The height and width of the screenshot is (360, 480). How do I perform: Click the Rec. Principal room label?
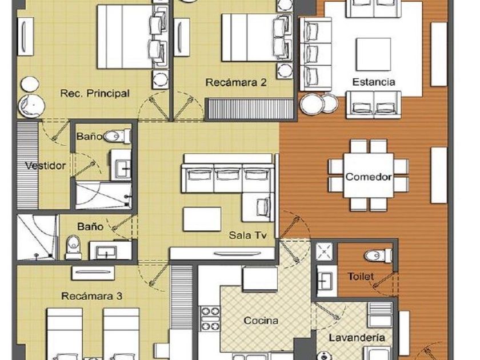95,93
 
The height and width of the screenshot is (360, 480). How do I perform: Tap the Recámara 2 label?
235,82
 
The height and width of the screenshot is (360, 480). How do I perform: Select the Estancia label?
374,82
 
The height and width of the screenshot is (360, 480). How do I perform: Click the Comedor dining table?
368,176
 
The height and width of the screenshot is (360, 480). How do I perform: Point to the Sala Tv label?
247,235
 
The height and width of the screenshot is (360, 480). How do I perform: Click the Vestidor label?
45,166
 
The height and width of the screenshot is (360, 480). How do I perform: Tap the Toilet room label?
361,277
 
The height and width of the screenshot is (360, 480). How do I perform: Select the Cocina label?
261,321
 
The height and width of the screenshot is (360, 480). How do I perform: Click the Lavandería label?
357,338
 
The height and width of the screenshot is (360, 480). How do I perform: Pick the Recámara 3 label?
92,296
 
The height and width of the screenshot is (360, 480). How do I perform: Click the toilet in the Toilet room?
378,255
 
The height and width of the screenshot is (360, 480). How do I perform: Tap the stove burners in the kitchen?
210,319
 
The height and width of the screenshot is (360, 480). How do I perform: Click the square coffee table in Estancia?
373,54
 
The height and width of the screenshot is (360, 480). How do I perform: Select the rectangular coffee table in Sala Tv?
202,219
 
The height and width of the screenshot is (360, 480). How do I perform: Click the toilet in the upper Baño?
117,136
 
